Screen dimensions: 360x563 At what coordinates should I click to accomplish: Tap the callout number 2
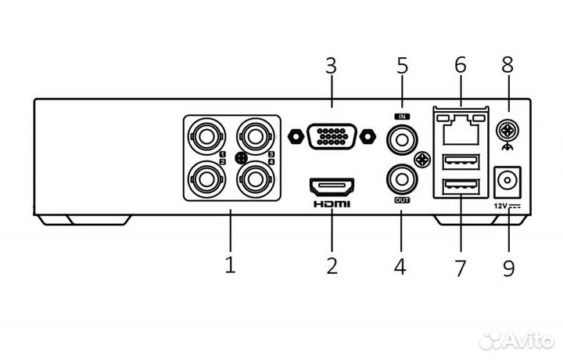pos(332,265)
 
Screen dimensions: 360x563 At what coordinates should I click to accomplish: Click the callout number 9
pos(509,267)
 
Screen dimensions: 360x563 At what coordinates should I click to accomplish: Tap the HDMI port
pos(332,186)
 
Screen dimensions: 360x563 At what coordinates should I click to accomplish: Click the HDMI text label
pos(332,204)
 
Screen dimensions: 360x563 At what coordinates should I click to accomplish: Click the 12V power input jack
pos(508,183)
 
